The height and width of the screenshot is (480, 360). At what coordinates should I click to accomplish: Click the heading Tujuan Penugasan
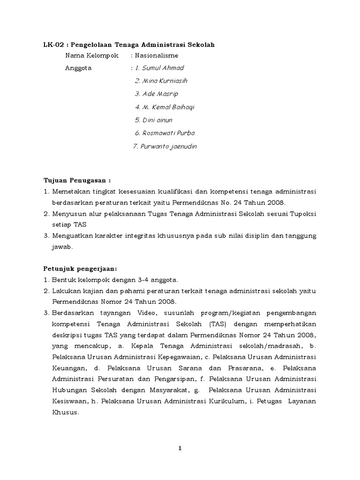click(75, 180)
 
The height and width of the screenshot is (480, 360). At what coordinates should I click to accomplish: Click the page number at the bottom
click(180, 449)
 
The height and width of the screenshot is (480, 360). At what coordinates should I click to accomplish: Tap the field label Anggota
click(78, 68)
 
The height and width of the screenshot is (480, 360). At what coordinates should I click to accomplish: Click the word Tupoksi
click(303, 213)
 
